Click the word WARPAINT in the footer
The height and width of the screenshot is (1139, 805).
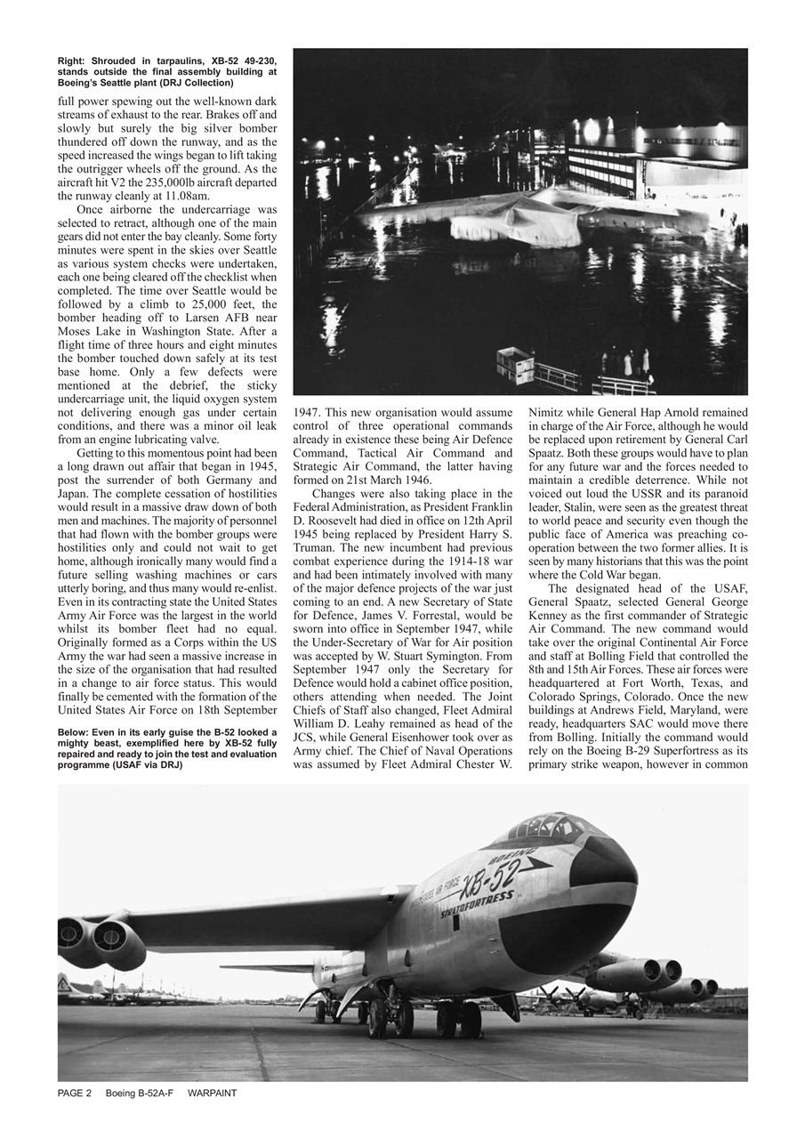coord(213,1093)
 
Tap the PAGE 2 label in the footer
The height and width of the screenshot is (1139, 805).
coord(75,1093)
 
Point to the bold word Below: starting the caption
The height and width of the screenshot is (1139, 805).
coord(76,733)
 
